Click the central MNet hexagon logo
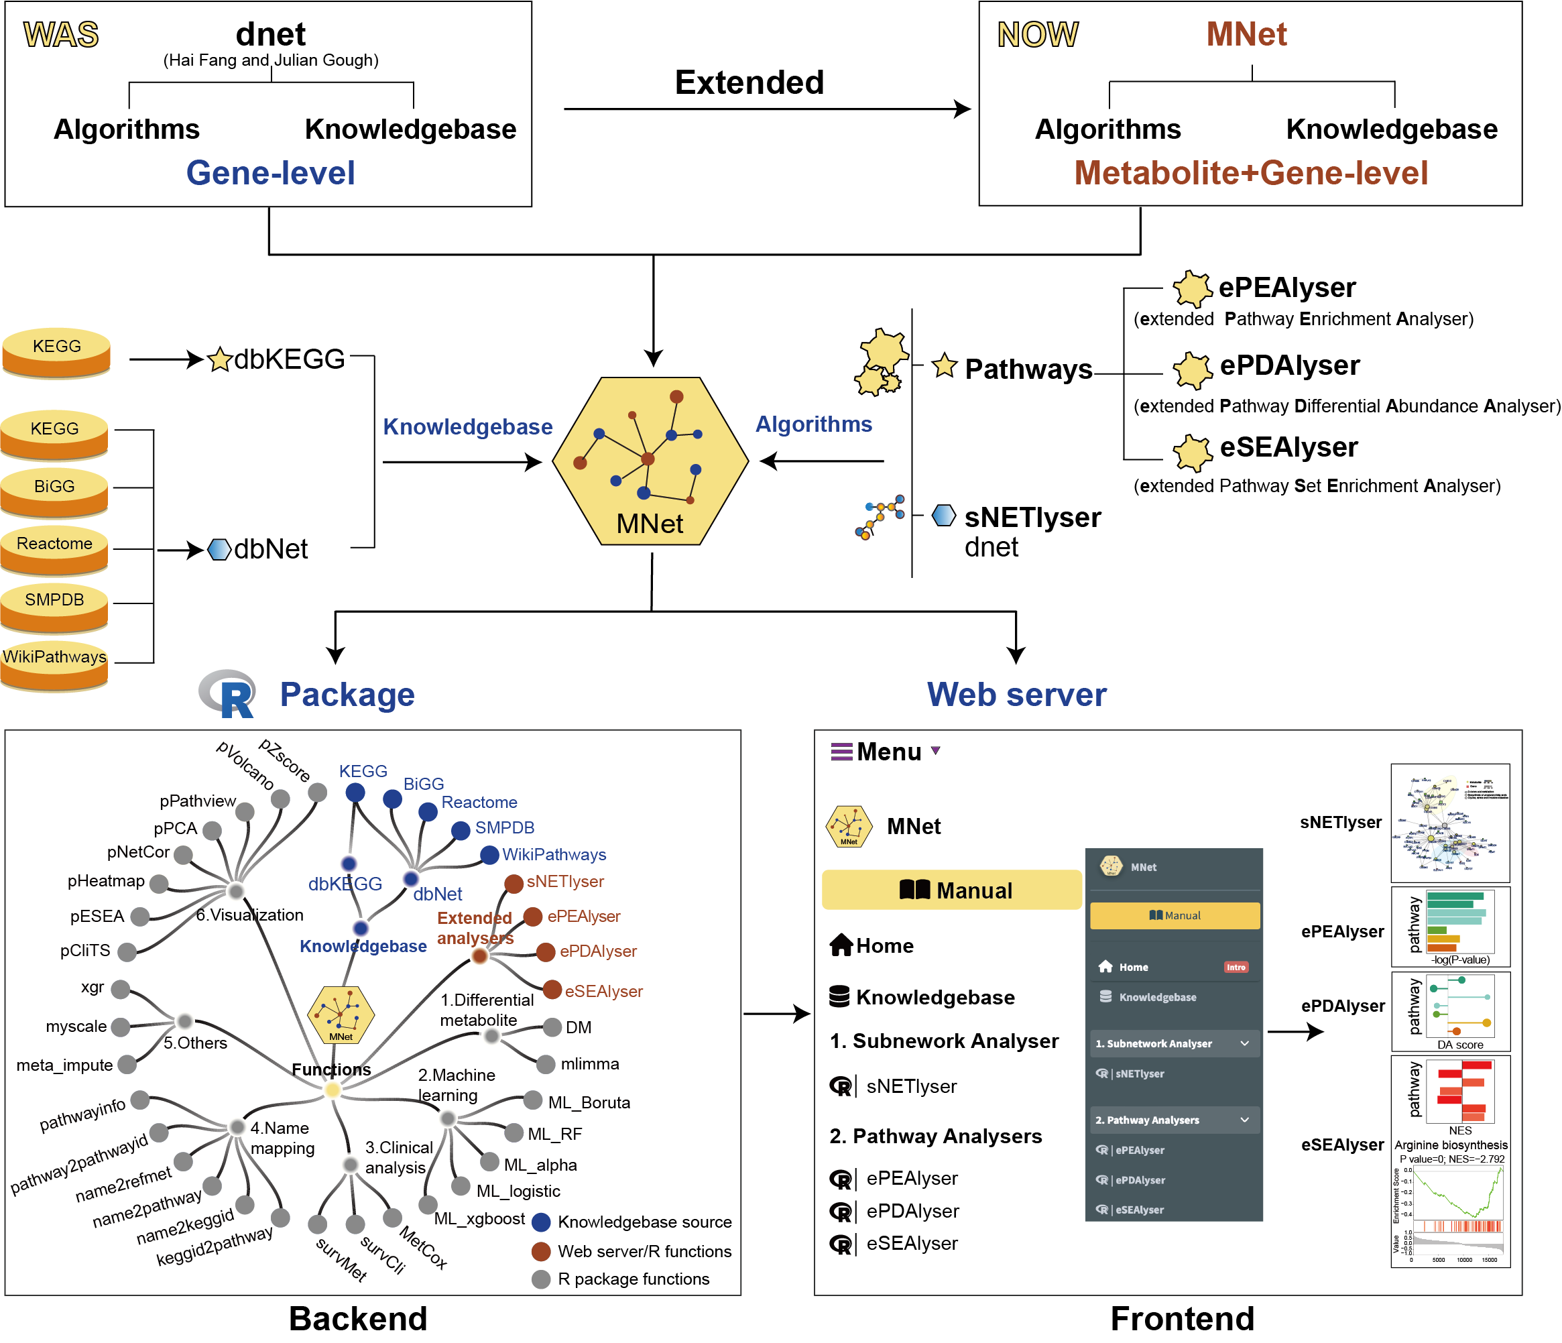pyautogui.click(x=650, y=461)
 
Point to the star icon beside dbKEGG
pyautogui.click(x=219, y=359)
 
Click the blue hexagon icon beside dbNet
pyautogui.click(x=219, y=549)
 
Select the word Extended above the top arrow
pyautogui.click(x=749, y=82)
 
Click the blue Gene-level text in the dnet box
pyautogui.click(x=270, y=173)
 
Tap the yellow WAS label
pyautogui.click(x=61, y=35)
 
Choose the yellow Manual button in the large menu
pyautogui.click(x=951, y=890)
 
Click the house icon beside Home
pyautogui.click(x=841, y=945)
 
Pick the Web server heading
pyautogui.click(x=1016, y=695)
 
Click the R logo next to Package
pyautogui.click(x=229, y=693)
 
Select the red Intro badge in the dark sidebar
pyautogui.click(x=1236, y=967)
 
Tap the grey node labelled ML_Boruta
pyautogui.click(x=533, y=1100)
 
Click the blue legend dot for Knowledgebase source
pyautogui.click(x=540, y=1222)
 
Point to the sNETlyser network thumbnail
pyautogui.click(x=1449, y=823)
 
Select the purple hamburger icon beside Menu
pyautogui.click(x=841, y=752)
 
